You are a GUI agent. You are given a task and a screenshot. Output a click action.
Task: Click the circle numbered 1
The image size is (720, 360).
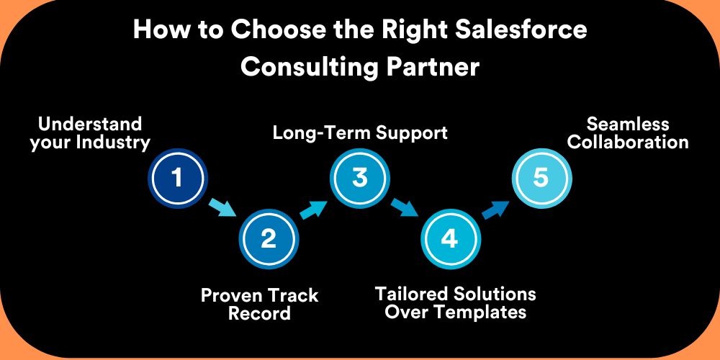coord(178,178)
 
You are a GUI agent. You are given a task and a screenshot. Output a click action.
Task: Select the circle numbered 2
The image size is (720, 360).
coord(269,239)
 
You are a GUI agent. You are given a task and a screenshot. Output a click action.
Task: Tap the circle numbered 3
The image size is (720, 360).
coord(359,178)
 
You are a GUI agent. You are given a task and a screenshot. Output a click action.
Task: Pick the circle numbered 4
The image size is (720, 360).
coord(451,239)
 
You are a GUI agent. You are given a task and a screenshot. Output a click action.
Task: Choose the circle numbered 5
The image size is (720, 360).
coord(541,178)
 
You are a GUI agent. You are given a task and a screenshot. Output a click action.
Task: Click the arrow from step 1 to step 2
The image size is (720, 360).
coord(223,208)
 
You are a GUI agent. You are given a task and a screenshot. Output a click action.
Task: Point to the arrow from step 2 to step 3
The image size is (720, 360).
coord(314,209)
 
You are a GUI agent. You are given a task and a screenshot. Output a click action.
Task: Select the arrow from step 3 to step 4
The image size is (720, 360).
coord(405,208)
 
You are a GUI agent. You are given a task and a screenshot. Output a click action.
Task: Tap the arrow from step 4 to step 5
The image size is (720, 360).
coord(496,209)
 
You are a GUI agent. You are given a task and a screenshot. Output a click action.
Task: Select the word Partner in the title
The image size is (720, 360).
coord(433,66)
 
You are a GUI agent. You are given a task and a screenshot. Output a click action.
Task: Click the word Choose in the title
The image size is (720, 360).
coord(274,30)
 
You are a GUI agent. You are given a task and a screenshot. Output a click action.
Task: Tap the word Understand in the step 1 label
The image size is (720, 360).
coord(90,124)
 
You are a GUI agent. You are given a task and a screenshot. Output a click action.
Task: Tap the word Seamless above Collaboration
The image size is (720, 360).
coord(628,124)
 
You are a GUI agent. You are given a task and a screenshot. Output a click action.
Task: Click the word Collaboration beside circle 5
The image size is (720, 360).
coord(628,143)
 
